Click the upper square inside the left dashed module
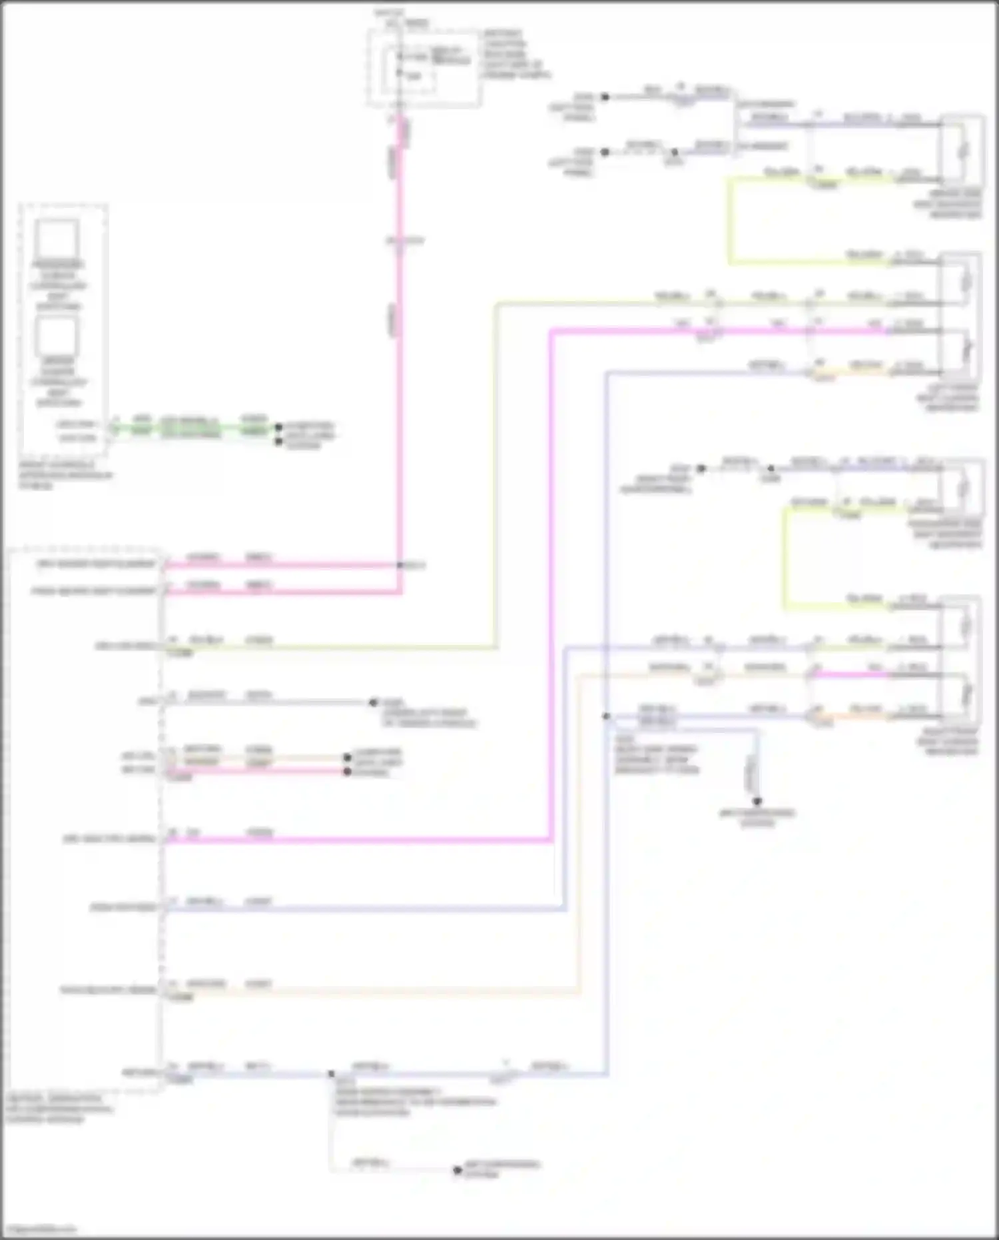click(57, 239)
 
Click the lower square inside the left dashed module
click(57, 335)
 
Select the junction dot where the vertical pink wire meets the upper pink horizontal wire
click(400, 566)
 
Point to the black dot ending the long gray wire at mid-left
click(373, 702)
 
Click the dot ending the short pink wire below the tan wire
click(347, 772)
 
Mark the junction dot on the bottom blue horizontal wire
click(331, 1073)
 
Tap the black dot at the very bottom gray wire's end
click(457, 1170)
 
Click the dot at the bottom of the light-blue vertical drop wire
click(757, 802)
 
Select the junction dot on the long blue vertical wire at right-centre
click(606, 716)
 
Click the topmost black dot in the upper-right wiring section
click(605, 97)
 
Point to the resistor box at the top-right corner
click(961, 151)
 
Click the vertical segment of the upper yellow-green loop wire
click(731, 220)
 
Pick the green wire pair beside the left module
click(193, 430)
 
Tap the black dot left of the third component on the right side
click(701, 468)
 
